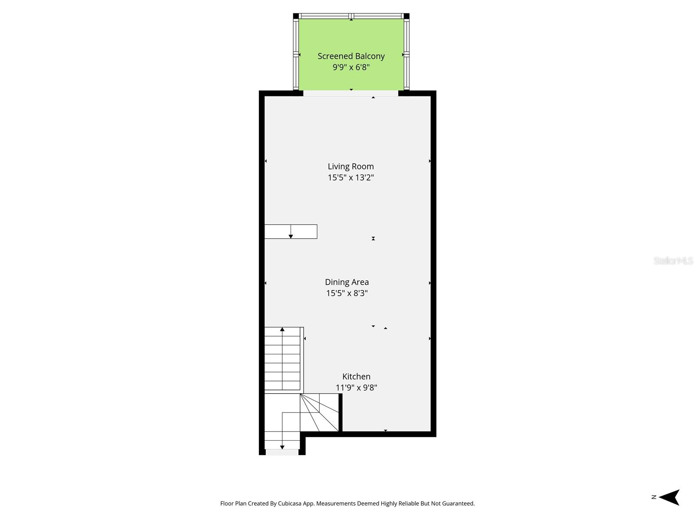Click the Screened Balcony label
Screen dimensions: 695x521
pyautogui.click(x=351, y=56)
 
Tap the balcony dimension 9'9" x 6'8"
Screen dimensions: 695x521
pyautogui.click(x=351, y=67)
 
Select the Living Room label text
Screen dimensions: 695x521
pyautogui.click(x=351, y=166)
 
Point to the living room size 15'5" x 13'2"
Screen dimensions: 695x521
pyautogui.click(x=351, y=178)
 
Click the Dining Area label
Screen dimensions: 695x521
pyautogui.click(x=347, y=282)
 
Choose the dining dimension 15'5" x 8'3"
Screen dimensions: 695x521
pyautogui.click(x=347, y=293)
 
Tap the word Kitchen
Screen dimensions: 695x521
pyautogui.click(x=356, y=376)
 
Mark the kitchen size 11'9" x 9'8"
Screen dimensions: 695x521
pyautogui.click(x=356, y=388)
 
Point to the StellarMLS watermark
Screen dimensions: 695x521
pyautogui.click(x=673, y=260)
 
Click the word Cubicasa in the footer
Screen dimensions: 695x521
pyautogui.click(x=290, y=503)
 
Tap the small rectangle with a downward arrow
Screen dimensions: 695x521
pyautogui.click(x=291, y=231)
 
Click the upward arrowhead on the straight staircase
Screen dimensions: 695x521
pyautogui.click(x=282, y=329)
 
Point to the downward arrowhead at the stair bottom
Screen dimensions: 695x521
pyautogui.click(x=282, y=447)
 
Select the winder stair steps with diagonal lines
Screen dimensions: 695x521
pyautogui.click(x=319, y=412)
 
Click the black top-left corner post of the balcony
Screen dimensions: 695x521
pyautogui.click(x=296, y=16)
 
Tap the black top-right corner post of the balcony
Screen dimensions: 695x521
pyautogui.click(x=407, y=16)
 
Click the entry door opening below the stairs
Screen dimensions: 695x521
pyautogui.click(x=282, y=452)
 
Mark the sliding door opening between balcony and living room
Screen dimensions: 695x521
pyautogui.click(x=351, y=93)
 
